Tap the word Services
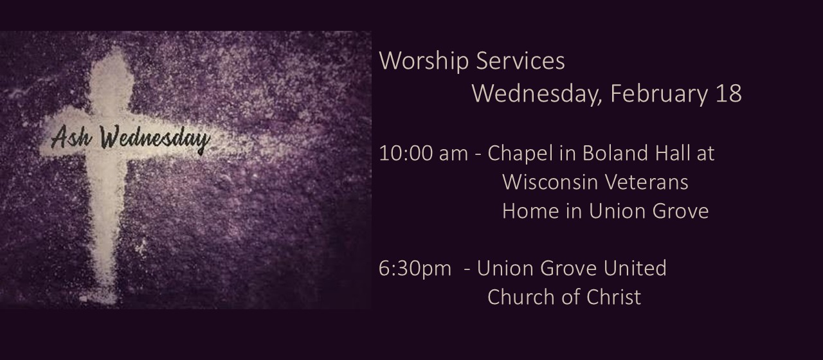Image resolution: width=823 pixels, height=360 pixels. [x=521, y=60]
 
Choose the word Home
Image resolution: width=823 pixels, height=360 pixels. [x=530, y=212]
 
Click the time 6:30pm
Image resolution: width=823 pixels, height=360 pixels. [x=415, y=269]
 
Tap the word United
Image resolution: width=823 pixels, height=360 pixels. [x=635, y=268]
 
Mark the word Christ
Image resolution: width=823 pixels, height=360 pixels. [x=613, y=297]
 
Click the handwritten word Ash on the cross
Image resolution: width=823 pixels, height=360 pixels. [x=71, y=137]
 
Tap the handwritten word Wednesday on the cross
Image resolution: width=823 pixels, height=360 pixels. [x=155, y=139]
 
